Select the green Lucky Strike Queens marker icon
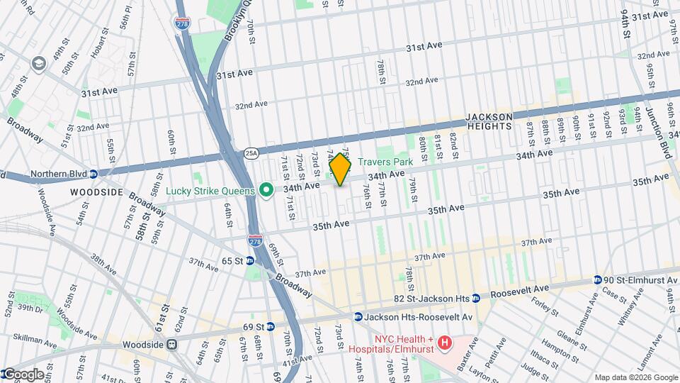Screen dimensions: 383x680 (x=266, y=189)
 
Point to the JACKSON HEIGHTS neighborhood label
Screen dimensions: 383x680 (x=488, y=121)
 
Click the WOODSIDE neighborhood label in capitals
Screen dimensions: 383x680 (x=96, y=192)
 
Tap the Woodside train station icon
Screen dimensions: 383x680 (x=171, y=344)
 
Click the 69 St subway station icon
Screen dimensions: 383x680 (x=271, y=327)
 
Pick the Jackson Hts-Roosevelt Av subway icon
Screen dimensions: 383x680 (x=358, y=316)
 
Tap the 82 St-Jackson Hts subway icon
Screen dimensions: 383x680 (x=476, y=297)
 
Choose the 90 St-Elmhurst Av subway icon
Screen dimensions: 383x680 (x=597, y=279)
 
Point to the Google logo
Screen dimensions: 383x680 (x=23, y=374)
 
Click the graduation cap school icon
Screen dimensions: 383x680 (x=38, y=64)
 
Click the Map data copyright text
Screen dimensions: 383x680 (x=635, y=377)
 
